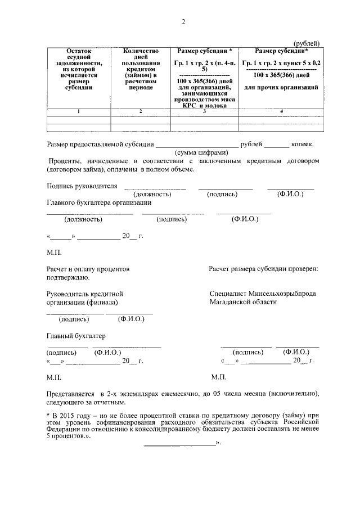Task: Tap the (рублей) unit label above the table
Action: [307, 44]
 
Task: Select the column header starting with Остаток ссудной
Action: [78, 69]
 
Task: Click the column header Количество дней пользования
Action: [141, 69]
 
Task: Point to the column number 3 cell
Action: [204, 111]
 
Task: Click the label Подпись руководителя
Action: [82, 186]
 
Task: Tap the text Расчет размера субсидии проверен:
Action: [263, 269]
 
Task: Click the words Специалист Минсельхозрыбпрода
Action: [262, 294]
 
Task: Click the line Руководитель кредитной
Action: [85, 294]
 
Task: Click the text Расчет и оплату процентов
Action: [88, 269]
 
